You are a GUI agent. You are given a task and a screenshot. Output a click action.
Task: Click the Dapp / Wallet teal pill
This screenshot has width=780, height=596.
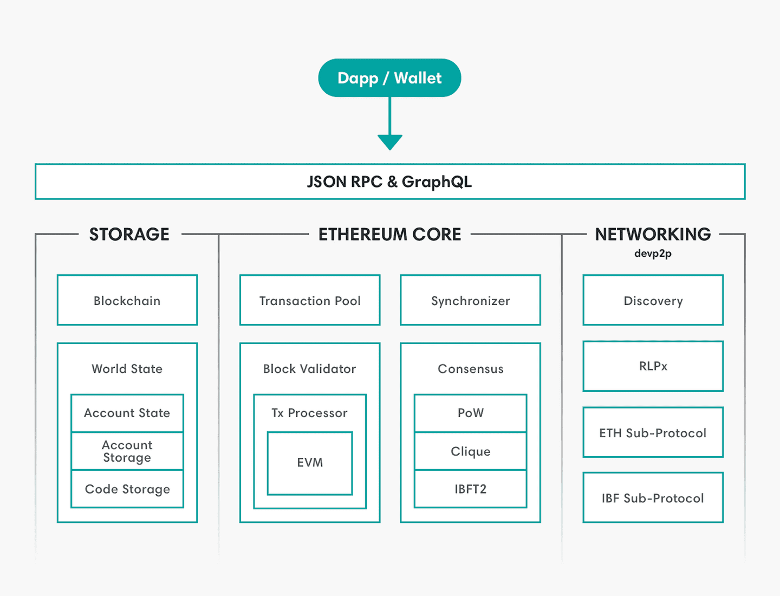(x=389, y=78)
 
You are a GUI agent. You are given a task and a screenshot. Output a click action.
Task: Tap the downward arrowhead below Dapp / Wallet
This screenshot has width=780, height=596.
(x=389, y=142)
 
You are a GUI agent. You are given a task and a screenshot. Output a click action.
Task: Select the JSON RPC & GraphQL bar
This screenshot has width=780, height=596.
(x=389, y=182)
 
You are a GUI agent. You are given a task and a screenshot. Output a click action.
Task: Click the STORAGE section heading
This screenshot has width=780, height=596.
(x=129, y=234)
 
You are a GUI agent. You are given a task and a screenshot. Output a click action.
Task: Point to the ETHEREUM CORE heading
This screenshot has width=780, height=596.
(x=389, y=234)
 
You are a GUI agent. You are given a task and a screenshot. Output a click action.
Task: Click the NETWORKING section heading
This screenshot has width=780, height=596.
(x=653, y=234)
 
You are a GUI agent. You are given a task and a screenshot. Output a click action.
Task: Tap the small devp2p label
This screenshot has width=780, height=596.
(x=653, y=254)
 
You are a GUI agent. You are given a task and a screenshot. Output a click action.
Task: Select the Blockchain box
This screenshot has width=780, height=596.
(x=127, y=300)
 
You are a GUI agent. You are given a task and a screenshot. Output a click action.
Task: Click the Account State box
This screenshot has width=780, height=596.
(x=127, y=413)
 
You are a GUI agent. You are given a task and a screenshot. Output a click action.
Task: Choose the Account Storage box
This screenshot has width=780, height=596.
(x=127, y=451)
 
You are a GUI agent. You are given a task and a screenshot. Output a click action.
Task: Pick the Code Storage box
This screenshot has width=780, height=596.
(x=127, y=489)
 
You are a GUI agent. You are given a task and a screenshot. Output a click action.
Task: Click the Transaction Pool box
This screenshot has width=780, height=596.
(x=310, y=300)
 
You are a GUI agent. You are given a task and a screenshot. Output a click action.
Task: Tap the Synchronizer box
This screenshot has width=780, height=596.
(x=470, y=300)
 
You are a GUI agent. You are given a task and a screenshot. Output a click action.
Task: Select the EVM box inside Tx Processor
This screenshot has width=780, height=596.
(x=310, y=463)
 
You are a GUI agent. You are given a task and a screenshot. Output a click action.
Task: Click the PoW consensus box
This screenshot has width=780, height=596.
(x=470, y=413)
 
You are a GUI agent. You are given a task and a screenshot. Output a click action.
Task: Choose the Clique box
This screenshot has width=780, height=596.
(x=470, y=451)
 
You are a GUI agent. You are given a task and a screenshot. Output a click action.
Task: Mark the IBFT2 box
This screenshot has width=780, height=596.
(x=470, y=489)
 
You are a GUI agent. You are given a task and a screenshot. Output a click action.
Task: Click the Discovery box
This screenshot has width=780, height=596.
(x=653, y=300)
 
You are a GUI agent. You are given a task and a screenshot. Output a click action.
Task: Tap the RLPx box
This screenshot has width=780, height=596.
(x=653, y=366)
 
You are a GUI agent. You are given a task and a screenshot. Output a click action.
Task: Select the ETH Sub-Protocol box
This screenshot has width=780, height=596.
(x=653, y=432)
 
